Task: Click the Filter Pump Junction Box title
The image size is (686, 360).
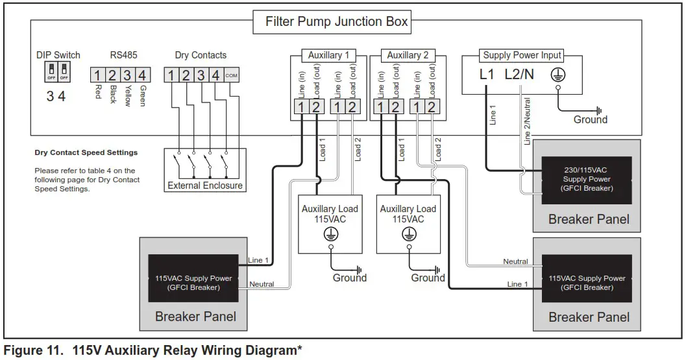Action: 336,22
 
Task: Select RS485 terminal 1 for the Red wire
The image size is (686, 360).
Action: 97,75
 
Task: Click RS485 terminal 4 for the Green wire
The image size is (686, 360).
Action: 143,75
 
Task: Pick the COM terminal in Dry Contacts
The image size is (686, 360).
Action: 232,75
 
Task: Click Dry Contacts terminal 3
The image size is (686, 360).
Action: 201,75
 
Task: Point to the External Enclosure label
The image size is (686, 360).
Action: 205,186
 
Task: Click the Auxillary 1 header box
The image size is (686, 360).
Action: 328,56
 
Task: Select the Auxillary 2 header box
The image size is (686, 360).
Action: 407,56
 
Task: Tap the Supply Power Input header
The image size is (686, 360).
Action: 522,56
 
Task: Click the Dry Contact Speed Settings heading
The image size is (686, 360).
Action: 86,153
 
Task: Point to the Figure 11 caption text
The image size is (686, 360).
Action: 153,351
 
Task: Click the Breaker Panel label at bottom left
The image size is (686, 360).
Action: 195,317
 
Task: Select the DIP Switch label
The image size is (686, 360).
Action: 58,55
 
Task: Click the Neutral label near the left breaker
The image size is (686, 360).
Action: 261,284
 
